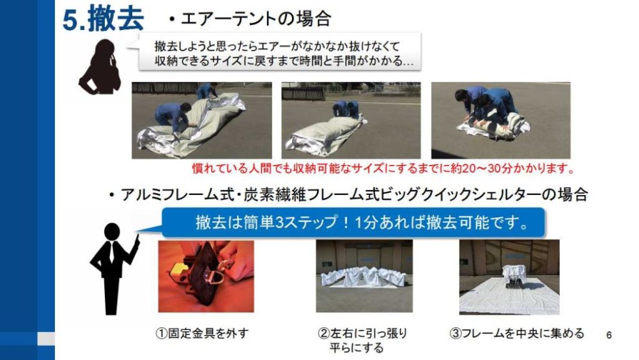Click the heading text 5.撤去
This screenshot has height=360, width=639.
click(103, 19)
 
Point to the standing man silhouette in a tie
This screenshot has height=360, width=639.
click(114, 269)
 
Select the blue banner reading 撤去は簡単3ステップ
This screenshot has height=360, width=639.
click(353, 223)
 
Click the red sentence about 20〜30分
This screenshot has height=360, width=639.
click(383, 168)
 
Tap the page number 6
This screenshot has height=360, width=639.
click(609, 335)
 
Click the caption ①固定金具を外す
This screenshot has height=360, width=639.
click(202, 334)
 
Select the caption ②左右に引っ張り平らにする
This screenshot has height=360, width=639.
click(362, 340)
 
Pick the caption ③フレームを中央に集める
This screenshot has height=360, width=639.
click(517, 334)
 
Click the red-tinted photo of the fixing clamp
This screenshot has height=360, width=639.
click(206, 276)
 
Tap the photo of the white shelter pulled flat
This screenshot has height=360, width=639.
click(364, 276)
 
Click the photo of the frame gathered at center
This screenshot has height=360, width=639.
click(509, 278)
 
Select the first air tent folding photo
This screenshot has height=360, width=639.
click(202, 120)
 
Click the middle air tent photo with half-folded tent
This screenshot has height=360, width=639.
click(351, 120)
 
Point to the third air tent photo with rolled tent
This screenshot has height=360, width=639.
click(501, 120)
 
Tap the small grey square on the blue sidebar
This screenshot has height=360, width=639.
click(46, 338)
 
